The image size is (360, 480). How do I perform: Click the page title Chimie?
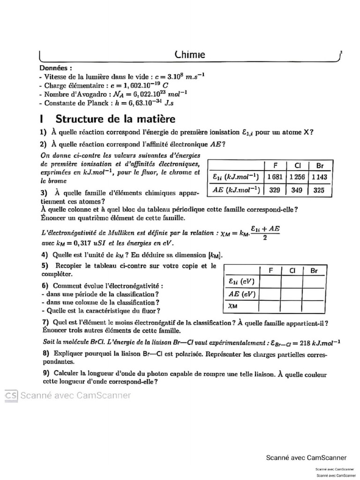pyautogui.click(x=189, y=55)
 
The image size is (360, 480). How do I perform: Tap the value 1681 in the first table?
pyautogui.click(x=275, y=177)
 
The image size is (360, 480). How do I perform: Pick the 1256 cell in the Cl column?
pyautogui.click(x=297, y=177)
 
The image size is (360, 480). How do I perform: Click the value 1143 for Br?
pyautogui.click(x=320, y=177)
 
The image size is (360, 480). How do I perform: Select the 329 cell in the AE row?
pyautogui.click(x=275, y=190)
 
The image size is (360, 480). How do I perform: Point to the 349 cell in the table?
pyautogui.click(x=297, y=190)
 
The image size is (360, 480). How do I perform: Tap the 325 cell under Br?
pyautogui.click(x=320, y=190)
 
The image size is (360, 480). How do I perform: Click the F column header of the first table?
pyautogui.click(x=275, y=165)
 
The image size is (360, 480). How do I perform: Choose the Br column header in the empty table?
pyautogui.click(x=313, y=270)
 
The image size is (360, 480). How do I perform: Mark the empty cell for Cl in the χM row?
pyautogui.click(x=291, y=306)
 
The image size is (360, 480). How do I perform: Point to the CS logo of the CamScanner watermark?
pyautogui.click(x=11, y=396)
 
